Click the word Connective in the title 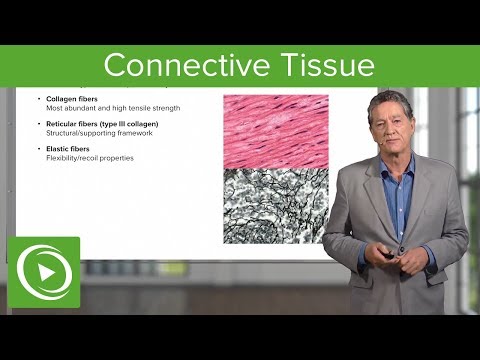(x=176, y=65)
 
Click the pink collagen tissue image (x=275, y=130)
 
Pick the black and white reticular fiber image (x=275, y=205)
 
